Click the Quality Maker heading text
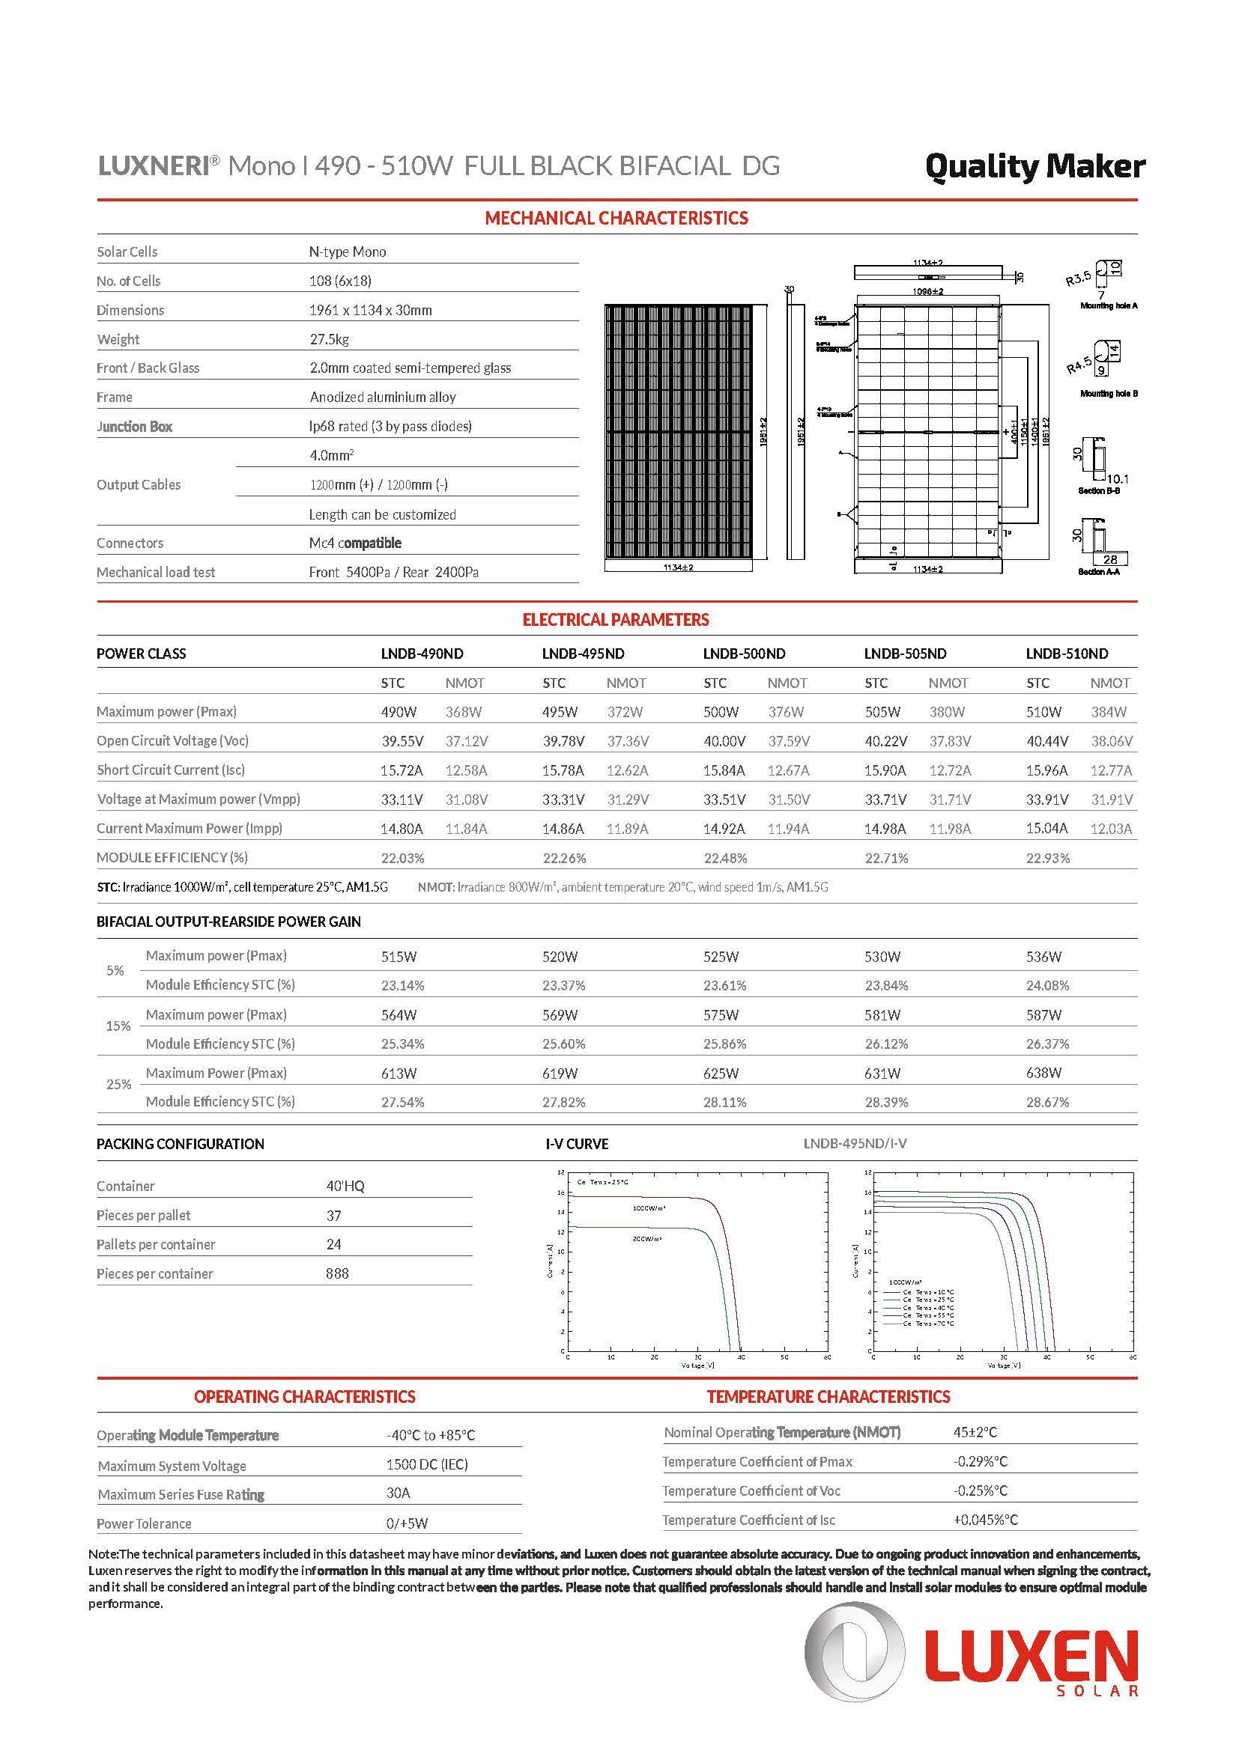coord(1034,167)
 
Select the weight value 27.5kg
coord(330,339)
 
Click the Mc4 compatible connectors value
coord(355,543)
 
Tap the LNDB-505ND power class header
coord(905,654)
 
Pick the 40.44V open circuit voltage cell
coord(1046,740)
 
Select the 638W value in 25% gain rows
coord(1043,1073)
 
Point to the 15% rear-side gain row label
coord(118,1026)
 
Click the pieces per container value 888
coord(337,1273)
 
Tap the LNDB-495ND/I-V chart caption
coord(855,1143)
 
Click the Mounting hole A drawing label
coord(1109,306)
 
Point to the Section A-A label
coord(1099,572)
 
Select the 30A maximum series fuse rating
coord(399,1493)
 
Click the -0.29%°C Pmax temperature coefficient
coord(981,1461)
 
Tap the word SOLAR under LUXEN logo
coord(1099,1691)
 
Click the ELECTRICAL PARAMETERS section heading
coord(616,620)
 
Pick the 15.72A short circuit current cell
coord(402,770)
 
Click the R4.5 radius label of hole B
coord(1079,366)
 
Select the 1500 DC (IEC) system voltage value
coord(427,1464)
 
